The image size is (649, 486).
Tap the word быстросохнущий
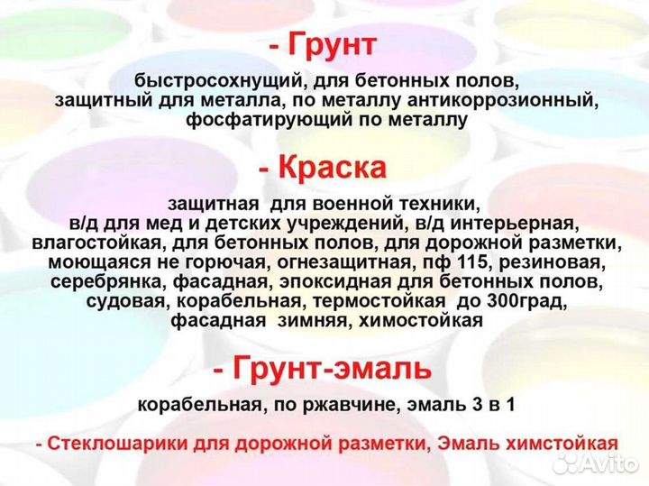[x=204, y=79]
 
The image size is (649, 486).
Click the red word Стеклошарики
[x=111, y=444]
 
